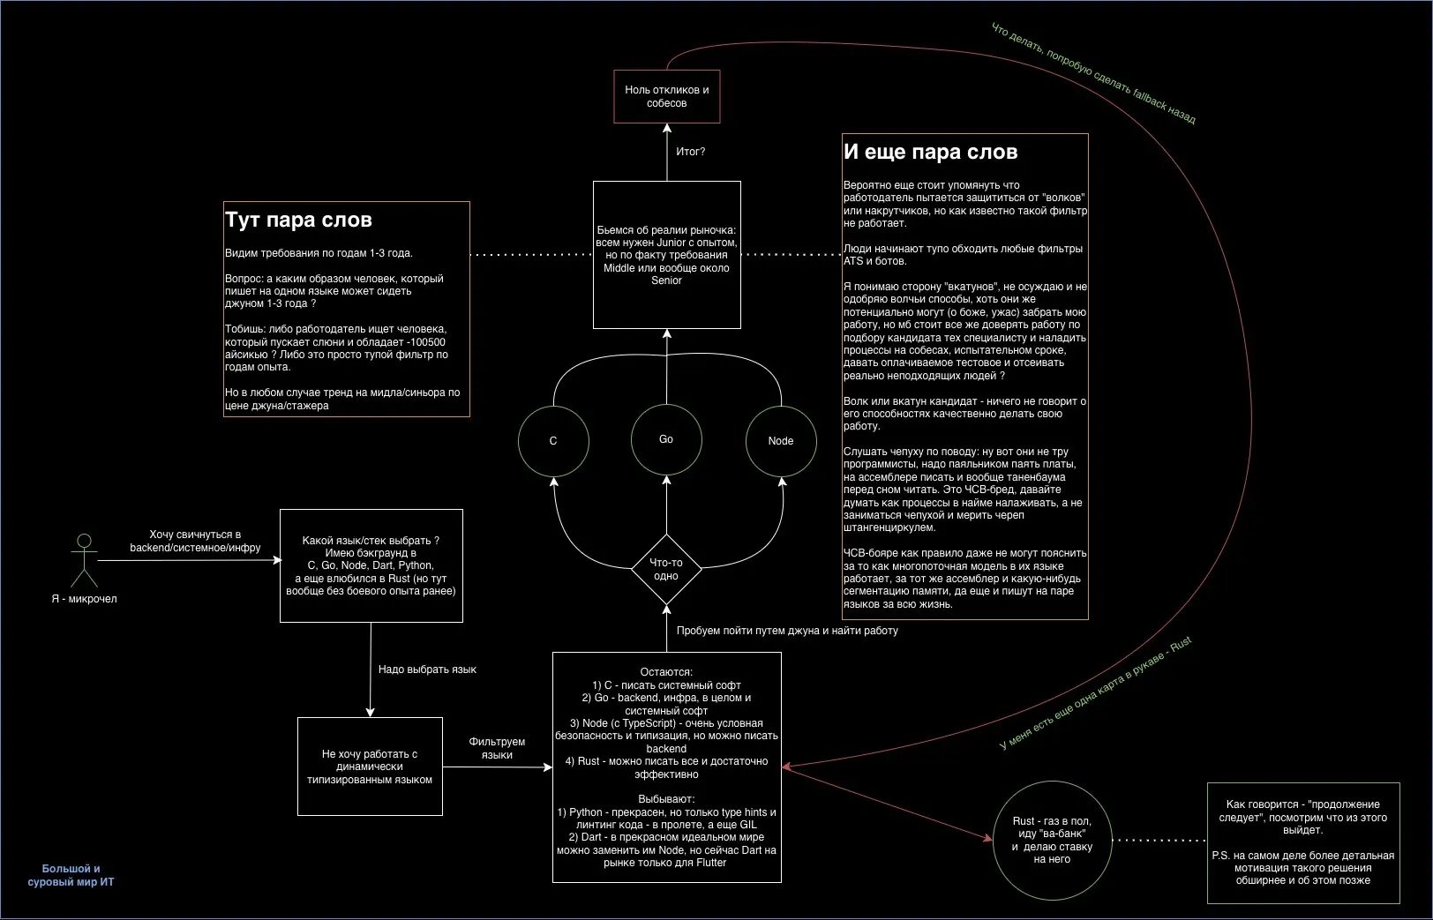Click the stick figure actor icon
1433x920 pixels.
[84, 561]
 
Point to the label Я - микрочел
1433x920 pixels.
[84, 599]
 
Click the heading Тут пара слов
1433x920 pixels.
[298, 220]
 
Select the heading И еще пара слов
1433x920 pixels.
[930, 152]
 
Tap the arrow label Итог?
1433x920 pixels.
[690, 152]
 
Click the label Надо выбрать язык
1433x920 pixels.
[427, 669]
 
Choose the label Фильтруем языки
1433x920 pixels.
[497, 748]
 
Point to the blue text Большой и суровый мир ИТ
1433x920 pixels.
[71, 875]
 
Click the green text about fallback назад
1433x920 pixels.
[1093, 73]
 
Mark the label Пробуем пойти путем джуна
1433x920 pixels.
[787, 631]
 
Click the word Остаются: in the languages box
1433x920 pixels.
[666, 672]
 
